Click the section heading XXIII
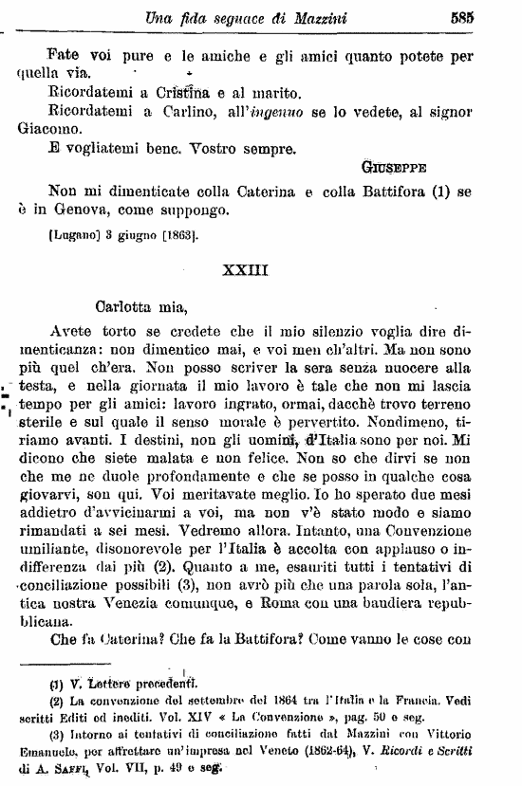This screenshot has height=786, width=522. (246, 269)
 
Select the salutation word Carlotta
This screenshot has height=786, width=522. (130, 306)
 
